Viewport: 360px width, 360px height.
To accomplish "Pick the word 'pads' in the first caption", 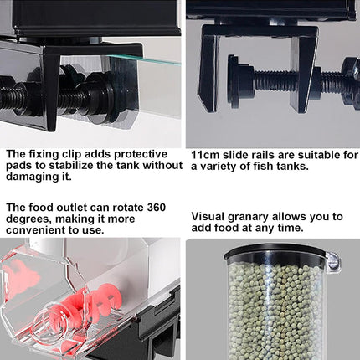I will (19, 166).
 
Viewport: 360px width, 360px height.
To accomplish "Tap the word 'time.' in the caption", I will (287, 228).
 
